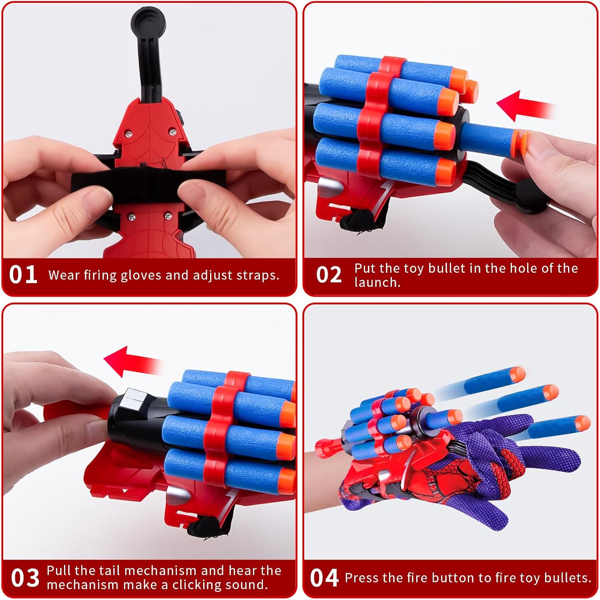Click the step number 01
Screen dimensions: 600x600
point(23,275)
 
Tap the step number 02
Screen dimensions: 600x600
point(329,275)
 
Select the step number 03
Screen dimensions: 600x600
point(25,578)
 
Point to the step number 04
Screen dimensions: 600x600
point(324,578)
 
